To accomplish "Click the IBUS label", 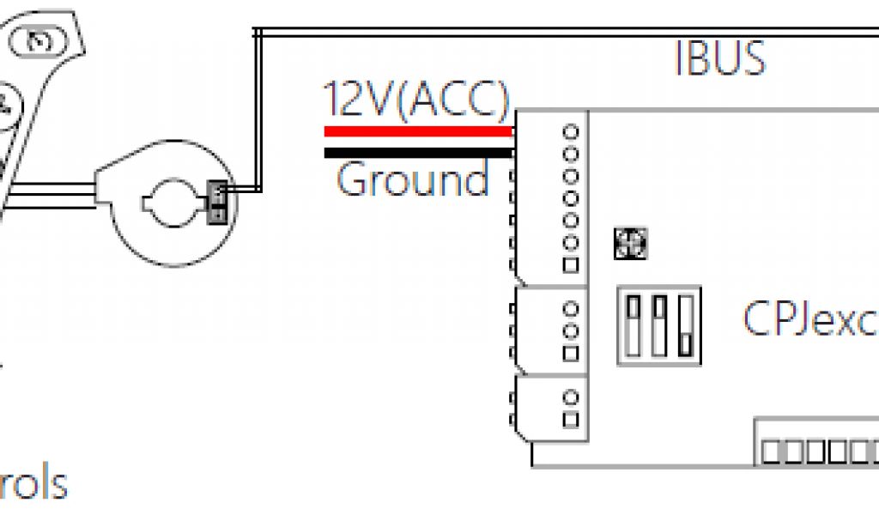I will [x=719, y=58].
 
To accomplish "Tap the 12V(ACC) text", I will [x=415, y=101].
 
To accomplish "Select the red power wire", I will [x=418, y=132].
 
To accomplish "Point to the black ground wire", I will [x=418, y=153].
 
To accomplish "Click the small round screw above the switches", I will [x=631, y=244].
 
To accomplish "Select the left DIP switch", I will [x=635, y=325].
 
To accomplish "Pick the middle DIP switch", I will [x=659, y=325].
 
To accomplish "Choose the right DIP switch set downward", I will [x=684, y=325].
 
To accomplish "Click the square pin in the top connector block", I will [x=570, y=266].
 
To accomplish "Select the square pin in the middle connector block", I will [x=570, y=353].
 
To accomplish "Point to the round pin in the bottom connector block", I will [x=570, y=397].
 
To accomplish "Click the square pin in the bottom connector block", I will [x=570, y=419].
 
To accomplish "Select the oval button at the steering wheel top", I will [x=38, y=41].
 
